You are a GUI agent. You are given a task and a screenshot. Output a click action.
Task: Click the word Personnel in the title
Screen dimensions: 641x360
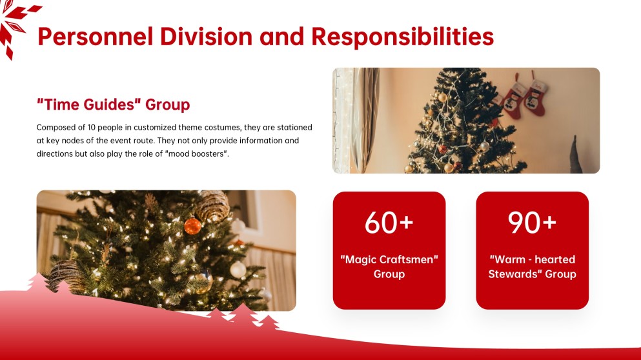click(x=96, y=36)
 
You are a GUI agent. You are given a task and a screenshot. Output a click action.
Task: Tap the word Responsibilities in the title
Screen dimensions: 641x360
click(x=402, y=37)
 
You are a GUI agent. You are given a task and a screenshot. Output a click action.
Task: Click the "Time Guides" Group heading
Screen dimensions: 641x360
click(x=113, y=105)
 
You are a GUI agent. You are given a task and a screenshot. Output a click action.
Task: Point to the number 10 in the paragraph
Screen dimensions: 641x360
click(x=91, y=128)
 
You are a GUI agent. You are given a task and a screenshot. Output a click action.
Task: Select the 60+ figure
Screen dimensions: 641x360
click(x=389, y=223)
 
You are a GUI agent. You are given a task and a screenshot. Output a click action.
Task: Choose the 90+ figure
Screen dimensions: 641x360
click(x=532, y=223)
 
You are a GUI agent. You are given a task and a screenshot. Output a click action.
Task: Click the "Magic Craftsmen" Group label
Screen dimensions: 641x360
click(x=389, y=266)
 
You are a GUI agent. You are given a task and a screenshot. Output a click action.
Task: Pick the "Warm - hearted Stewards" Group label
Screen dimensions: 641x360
click(x=533, y=266)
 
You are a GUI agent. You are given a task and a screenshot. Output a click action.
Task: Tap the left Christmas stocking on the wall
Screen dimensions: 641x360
click(x=513, y=98)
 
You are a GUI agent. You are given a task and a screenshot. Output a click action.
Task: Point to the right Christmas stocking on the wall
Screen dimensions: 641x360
click(x=536, y=95)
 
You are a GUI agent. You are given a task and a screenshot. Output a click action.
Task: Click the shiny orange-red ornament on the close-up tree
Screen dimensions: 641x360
click(x=192, y=226)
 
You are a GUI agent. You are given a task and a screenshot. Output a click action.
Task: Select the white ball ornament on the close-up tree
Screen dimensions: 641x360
click(x=238, y=270)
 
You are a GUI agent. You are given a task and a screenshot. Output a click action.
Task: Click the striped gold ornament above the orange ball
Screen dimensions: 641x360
click(x=212, y=206)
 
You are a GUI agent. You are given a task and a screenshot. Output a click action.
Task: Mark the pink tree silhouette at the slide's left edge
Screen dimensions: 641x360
click(x=38, y=283)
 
